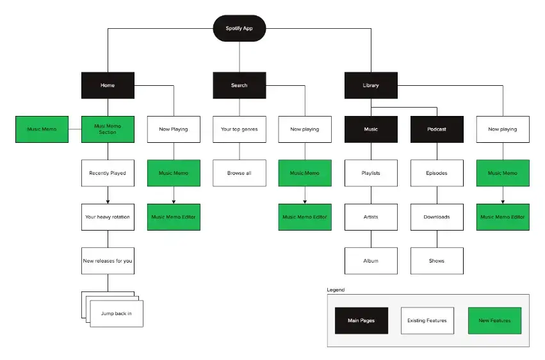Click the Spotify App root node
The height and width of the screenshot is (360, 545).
coord(239,28)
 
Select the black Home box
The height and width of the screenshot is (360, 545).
coord(108,85)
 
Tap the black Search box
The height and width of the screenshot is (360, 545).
coord(239,85)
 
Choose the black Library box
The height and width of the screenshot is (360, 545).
coord(371,85)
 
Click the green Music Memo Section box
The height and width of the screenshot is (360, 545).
coord(108,129)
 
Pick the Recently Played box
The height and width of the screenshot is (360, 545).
coord(108,173)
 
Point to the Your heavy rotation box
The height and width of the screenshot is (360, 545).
coord(108,217)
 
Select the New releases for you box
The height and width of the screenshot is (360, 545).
coord(108,261)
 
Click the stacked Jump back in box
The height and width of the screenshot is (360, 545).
coord(116,313)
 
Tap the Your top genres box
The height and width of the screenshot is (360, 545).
coord(239,129)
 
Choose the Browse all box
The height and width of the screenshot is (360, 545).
coord(239,173)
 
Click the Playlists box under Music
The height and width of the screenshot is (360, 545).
coord(371,173)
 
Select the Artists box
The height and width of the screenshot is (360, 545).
coord(371,217)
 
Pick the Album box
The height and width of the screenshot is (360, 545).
coord(371,261)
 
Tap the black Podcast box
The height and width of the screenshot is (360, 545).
coord(437,129)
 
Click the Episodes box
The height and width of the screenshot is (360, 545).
coord(437,173)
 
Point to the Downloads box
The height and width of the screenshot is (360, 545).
coord(437,217)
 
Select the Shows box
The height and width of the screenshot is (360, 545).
coord(437,261)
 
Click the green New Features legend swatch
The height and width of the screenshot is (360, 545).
coord(494,320)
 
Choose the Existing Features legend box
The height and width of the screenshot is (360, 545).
coord(427,320)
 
